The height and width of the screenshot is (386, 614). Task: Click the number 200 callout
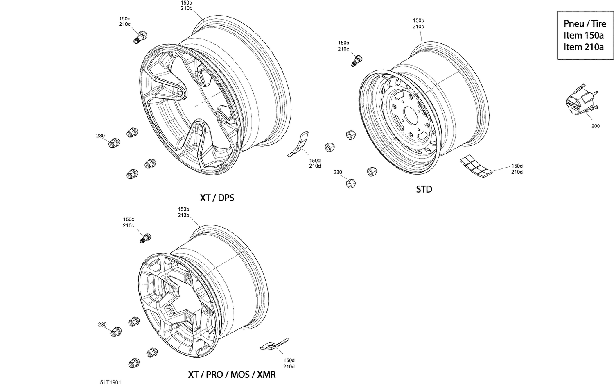pyautogui.click(x=595, y=126)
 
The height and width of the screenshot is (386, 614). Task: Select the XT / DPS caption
pyautogui.click(x=217, y=198)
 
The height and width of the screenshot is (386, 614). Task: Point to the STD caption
pyautogui.click(x=424, y=189)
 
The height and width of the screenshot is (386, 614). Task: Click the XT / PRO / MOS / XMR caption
pyautogui.click(x=232, y=375)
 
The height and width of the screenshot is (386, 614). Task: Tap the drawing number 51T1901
pyautogui.click(x=111, y=382)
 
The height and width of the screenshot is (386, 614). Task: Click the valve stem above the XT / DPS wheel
pyautogui.click(x=140, y=37)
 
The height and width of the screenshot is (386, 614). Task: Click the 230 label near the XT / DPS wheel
pyautogui.click(x=100, y=136)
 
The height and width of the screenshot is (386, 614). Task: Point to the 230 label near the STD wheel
pyautogui.click(x=337, y=173)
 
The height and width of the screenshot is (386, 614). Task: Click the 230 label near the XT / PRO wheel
pyautogui.click(x=102, y=325)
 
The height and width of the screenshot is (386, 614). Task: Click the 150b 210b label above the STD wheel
pyautogui.click(x=418, y=23)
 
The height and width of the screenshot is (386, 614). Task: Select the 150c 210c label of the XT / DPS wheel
pyautogui.click(x=124, y=21)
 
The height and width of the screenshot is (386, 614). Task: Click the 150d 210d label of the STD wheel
pyautogui.click(x=517, y=169)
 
